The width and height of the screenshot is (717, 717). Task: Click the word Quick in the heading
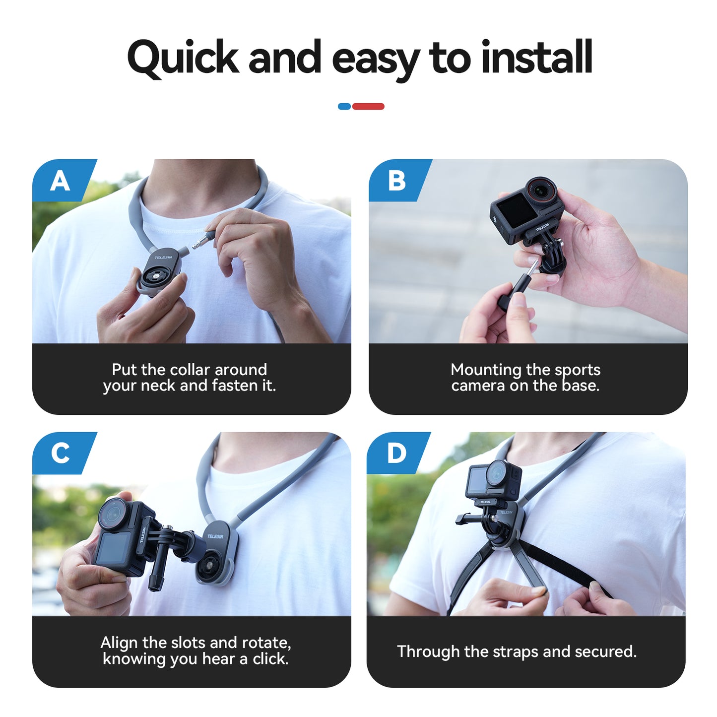coord(183,59)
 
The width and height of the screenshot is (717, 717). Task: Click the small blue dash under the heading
coord(344,106)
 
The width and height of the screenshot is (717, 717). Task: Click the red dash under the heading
coord(368,106)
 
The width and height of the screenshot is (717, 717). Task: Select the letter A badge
coord(60,181)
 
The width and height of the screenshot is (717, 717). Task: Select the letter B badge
coord(396,181)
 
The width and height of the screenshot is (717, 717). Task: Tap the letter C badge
coord(60,454)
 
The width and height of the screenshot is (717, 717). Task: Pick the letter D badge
coord(396,454)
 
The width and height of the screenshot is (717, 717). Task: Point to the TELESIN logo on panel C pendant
coord(215,536)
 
